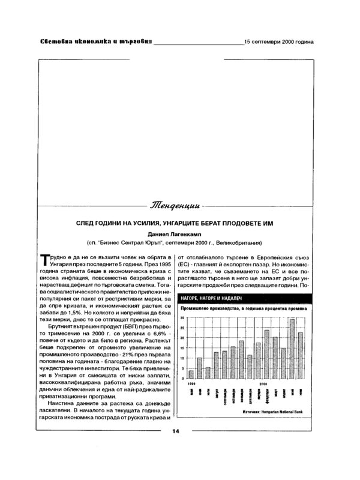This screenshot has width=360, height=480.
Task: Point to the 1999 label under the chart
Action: [191, 383]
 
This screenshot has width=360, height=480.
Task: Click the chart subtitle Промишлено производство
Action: [203, 309]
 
